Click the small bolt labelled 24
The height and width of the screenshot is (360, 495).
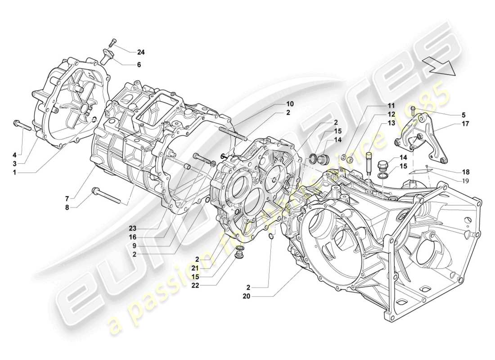(112, 43)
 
